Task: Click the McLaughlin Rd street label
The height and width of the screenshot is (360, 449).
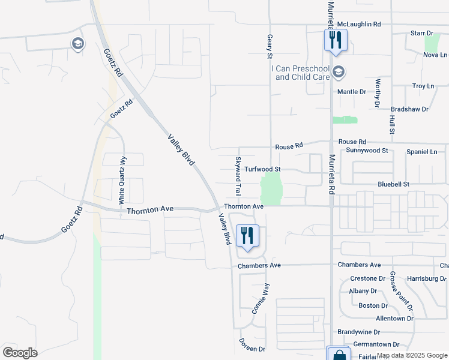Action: [359, 24]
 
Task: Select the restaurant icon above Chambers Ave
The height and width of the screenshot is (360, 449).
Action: [247, 235]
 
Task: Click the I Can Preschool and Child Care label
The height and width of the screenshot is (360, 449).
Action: [303, 73]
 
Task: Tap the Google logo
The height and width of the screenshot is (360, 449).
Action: [20, 353]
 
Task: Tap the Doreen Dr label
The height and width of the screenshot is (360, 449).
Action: [252, 349]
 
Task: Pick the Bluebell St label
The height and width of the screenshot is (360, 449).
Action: [393, 184]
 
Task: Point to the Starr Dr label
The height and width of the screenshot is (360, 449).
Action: [421, 34]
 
